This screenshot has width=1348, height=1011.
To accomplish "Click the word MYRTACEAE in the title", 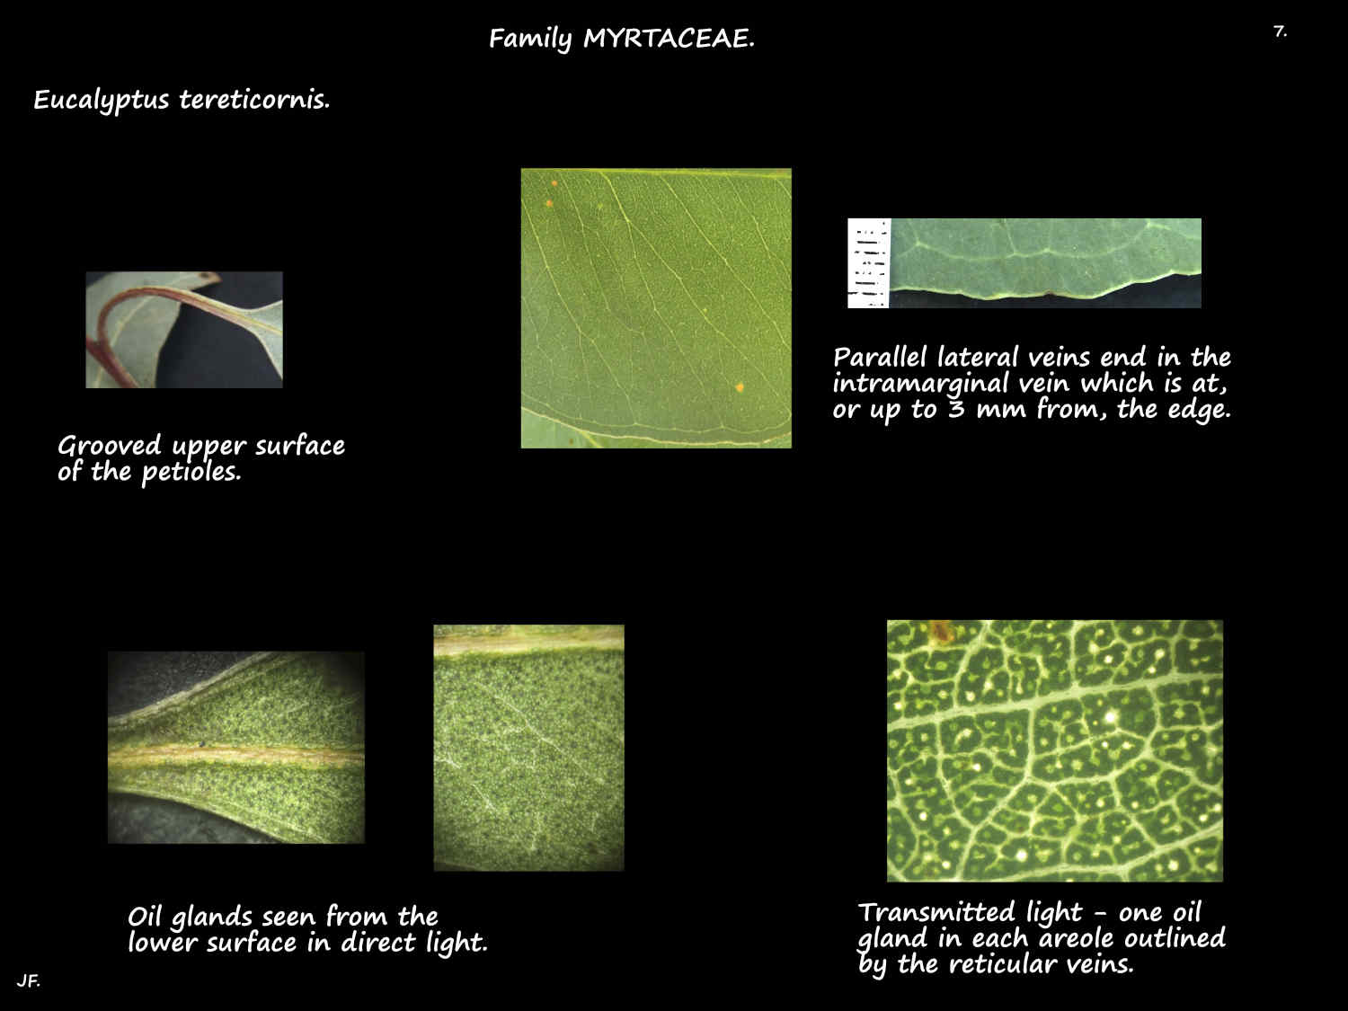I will (x=668, y=39).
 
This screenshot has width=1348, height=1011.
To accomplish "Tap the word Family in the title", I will (x=530, y=39).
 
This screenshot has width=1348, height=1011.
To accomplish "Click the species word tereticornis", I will (x=254, y=99).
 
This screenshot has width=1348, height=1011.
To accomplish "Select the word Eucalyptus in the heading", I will (x=101, y=100).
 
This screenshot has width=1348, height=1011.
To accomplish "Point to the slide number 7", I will (x=1279, y=31).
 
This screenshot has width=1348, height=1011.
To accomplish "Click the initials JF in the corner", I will (x=27, y=980).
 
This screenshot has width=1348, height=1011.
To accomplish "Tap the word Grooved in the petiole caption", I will (x=110, y=446).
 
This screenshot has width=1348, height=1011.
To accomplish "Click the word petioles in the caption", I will (x=191, y=472).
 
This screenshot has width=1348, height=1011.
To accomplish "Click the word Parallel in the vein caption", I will (x=881, y=358).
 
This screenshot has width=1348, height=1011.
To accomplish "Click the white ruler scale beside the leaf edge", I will (x=868, y=262).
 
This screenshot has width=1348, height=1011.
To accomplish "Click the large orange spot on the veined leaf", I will (x=740, y=387).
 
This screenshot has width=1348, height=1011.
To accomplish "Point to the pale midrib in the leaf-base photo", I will (x=235, y=755).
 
